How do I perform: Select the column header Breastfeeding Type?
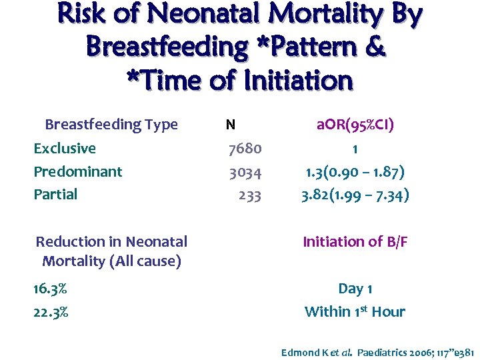[x=111, y=125]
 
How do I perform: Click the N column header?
[x=229, y=125]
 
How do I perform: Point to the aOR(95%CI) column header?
[x=355, y=125]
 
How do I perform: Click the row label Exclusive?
[x=65, y=149]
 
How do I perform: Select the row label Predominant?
[x=78, y=172]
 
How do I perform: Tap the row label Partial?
[x=55, y=195]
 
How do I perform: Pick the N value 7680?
[x=245, y=149]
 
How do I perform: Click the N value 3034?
[x=245, y=172]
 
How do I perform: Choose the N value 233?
[x=250, y=195]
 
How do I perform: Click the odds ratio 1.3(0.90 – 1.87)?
[x=355, y=172]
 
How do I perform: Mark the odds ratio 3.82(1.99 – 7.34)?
[x=355, y=195]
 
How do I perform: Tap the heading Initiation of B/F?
[x=355, y=242]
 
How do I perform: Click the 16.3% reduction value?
[x=51, y=289]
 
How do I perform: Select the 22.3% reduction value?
[x=51, y=312]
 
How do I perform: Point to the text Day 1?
[x=355, y=289]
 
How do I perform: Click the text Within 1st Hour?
[x=355, y=311]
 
